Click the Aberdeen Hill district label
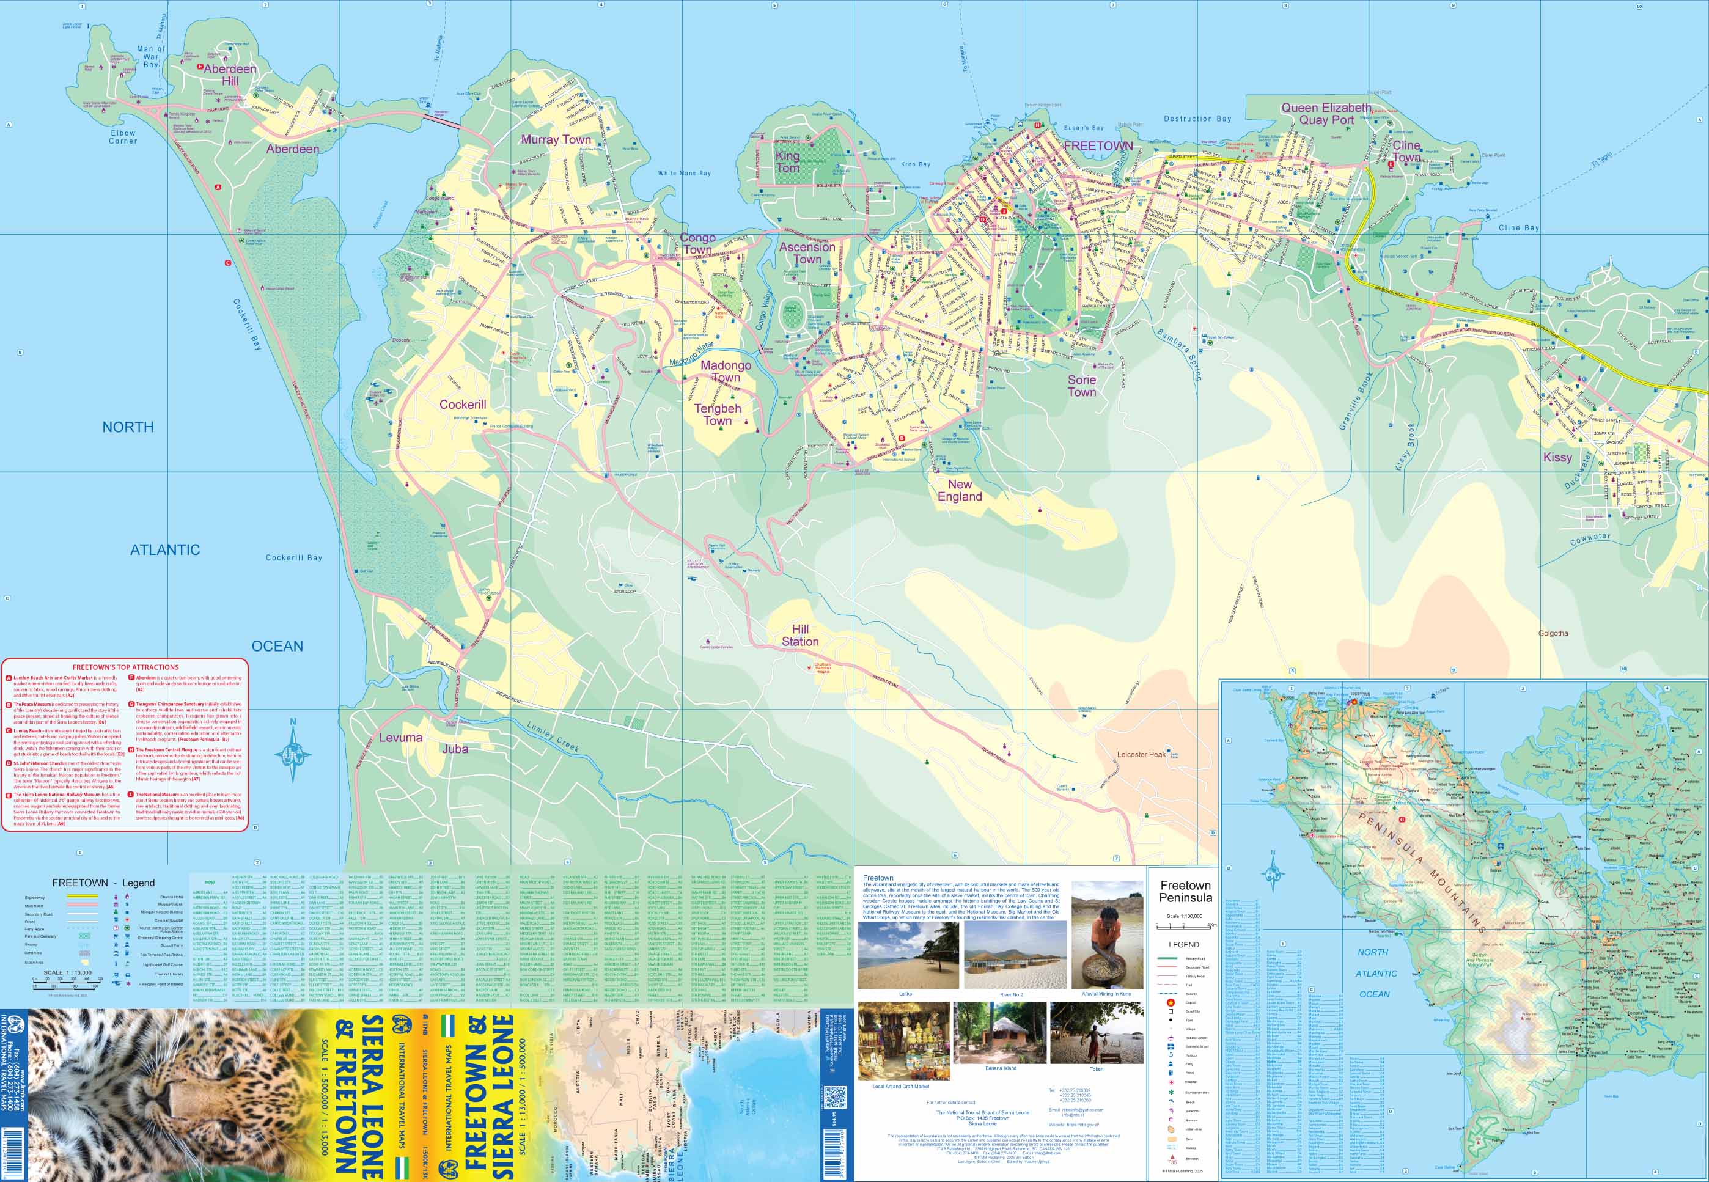pyautogui.click(x=230, y=74)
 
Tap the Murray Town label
pyautogui.click(x=556, y=139)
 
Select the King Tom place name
pyautogui.click(x=787, y=161)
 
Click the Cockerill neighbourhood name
pyautogui.click(x=462, y=405)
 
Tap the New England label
pyautogui.click(x=960, y=490)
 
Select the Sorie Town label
pyautogui.click(x=1081, y=385)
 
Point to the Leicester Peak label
pyautogui.click(x=1141, y=754)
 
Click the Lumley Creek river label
pyautogui.click(x=553, y=736)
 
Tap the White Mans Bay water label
pyautogui.click(x=683, y=174)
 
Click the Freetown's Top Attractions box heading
pyautogui.click(x=125, y=667)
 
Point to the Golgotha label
pyautogui.click(x=1553, y=633)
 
